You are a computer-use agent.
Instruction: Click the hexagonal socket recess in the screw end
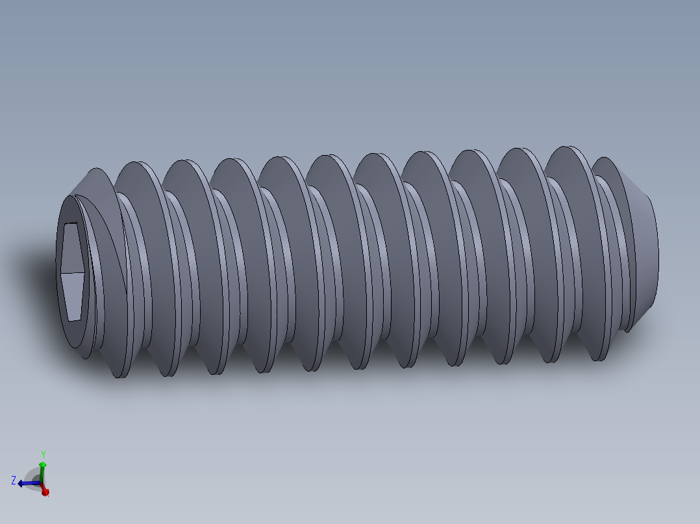[x=72, y=271]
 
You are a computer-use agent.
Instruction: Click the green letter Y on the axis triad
[x=43, y=454]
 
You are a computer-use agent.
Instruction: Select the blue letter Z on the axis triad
[x=13, y=481]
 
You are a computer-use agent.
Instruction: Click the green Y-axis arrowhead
[x=43, y=465]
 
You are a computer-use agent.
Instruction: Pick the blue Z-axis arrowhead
[x=21, y=483]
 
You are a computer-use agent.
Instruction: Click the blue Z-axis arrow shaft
[x=31, y=482]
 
